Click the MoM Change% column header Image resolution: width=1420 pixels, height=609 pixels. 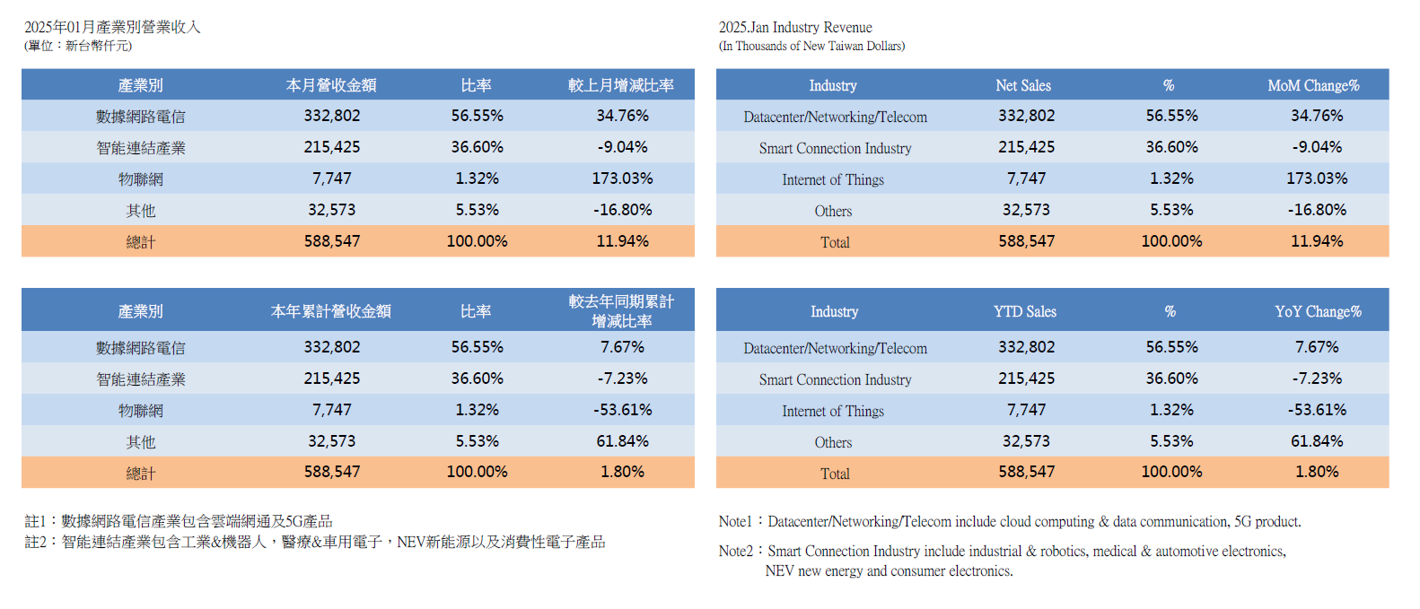point(1313,85)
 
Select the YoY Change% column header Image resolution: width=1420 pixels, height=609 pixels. point(1318,311)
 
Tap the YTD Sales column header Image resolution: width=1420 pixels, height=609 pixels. point(1024,311)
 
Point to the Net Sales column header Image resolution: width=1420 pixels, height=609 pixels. point(1023,85)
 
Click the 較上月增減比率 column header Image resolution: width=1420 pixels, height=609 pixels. point(621,85)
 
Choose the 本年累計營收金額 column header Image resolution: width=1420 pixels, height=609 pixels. point(331,311)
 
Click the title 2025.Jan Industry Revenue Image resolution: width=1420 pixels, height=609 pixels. point(795,27)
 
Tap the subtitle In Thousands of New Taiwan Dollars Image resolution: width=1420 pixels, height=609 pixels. point(811,46)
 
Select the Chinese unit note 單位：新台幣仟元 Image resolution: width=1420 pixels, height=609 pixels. point(78,46)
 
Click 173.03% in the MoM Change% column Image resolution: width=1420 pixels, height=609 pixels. point(1317,178)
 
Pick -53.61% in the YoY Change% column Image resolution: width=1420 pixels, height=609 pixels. point(1317,410)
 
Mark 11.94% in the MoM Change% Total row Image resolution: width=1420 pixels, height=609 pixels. point(1317,241)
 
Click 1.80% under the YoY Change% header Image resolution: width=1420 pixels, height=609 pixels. point(1317,472)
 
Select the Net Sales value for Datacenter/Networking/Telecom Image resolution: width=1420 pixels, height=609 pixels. point(1026,116)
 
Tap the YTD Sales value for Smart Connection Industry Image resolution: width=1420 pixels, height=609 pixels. point(1026,378)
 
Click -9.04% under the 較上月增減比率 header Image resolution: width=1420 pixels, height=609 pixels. point(622,147)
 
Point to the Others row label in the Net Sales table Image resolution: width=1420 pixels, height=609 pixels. point(833,211)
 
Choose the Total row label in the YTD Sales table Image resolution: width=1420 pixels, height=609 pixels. point(835,474)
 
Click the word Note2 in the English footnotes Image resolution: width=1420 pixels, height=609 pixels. point(735,551)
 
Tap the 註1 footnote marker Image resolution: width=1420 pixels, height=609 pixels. point(34,521)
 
